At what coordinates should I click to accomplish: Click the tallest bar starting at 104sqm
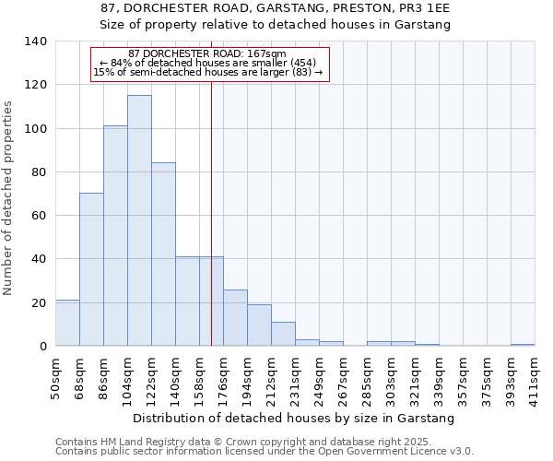139,221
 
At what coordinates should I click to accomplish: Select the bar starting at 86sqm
115,236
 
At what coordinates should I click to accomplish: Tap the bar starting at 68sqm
91,269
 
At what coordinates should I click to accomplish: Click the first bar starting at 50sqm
67,323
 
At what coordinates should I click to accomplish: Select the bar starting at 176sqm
235,318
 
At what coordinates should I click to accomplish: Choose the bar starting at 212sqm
283,334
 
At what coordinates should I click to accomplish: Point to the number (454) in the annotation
301,63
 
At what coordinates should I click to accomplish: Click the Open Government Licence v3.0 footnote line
265,452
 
